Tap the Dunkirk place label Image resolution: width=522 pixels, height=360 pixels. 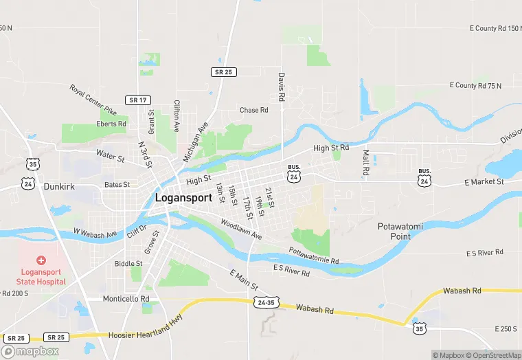[58, 186]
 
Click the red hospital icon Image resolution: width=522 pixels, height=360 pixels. [41, 260]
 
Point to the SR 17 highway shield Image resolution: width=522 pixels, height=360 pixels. [137, 100]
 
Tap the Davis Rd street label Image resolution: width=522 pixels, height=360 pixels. [282, 87]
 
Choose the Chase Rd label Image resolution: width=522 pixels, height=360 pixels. [253, 110]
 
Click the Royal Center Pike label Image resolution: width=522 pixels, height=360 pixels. [93, 100]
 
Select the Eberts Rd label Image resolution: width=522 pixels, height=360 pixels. [112, 124]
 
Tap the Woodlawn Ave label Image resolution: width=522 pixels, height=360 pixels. [241, 229]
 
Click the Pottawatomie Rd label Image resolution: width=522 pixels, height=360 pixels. [314, 256]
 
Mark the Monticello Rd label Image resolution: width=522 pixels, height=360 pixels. [126, 299]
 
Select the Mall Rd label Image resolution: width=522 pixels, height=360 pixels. [366, 162]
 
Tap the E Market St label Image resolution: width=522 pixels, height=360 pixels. [484, 181]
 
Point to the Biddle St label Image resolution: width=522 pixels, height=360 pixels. [128, 263]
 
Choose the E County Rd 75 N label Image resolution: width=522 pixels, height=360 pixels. [475, 85]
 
